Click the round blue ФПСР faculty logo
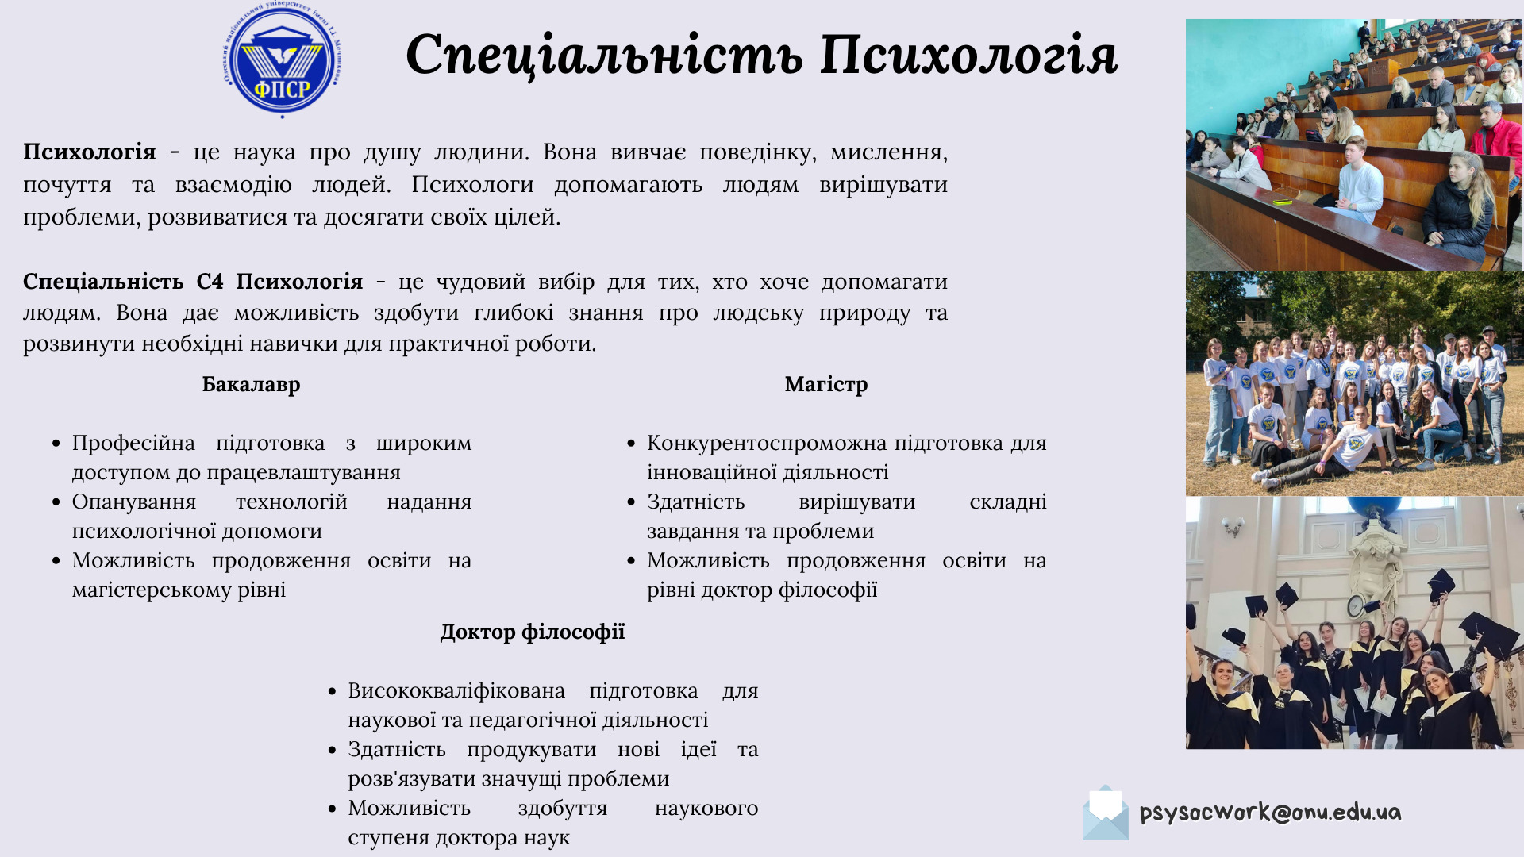tap(283, 60)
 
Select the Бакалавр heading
tap(251, 385)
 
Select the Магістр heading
tap(826, 385)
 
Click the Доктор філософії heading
tap(533, 632)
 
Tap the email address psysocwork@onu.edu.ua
tap(1270, 813)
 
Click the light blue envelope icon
tap(1106, 813)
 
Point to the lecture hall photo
tap(1355, 145)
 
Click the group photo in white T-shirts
tap(1355, 384)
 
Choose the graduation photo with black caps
tap(1355, 623)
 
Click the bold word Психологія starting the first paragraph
tap(90, 152)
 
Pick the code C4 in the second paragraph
tap(210, 282)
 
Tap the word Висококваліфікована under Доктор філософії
tap(456, 691)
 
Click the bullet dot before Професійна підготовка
tap(56, 444)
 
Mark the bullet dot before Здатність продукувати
tap(332, 750)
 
